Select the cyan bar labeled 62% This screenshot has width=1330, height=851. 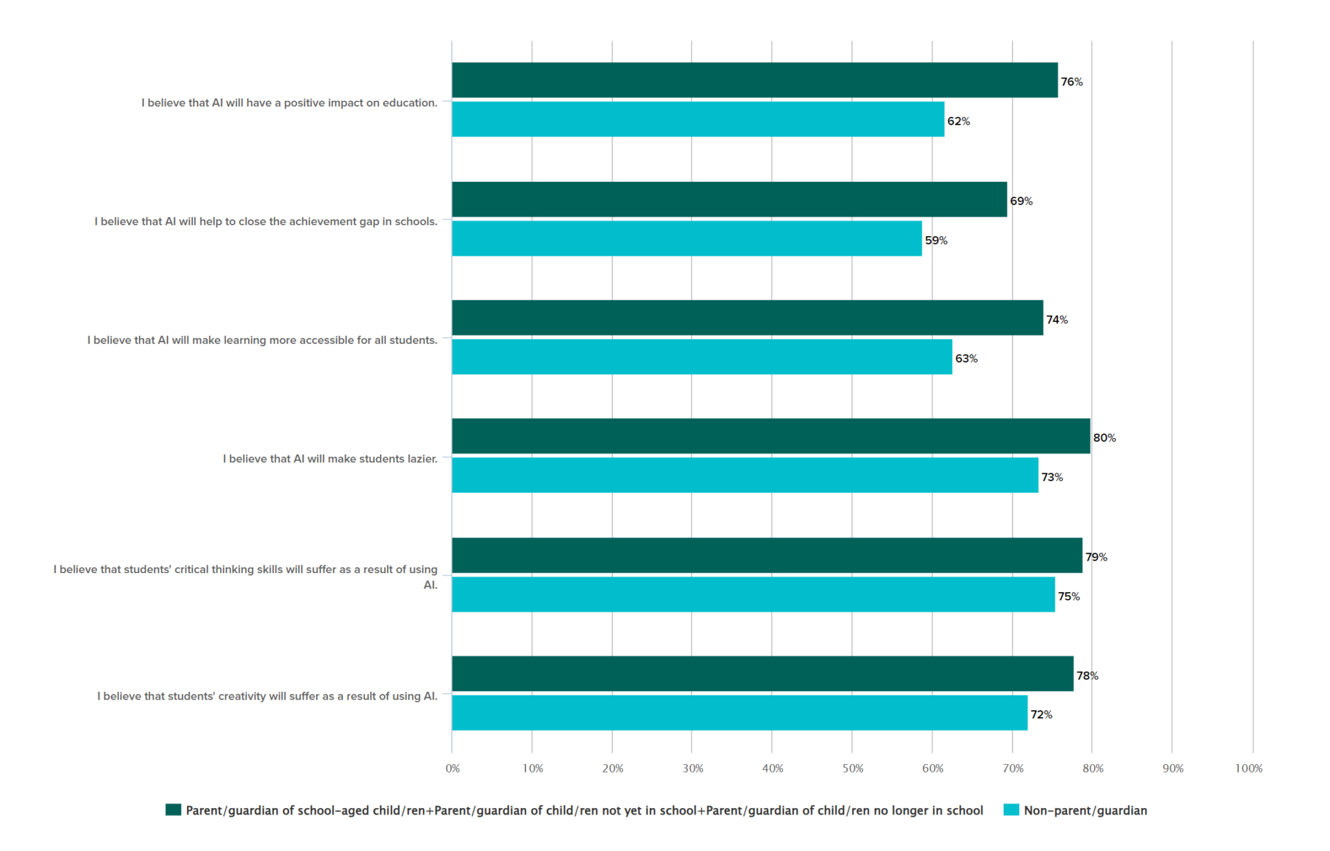coord(698,119)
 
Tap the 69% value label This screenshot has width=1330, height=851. coord(1021,201)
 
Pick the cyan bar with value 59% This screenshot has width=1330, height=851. coord(686,238)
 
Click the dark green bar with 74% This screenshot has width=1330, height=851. coord(747,318)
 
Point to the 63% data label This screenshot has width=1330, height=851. coord(966,359)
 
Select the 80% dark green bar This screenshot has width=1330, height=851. coord(771,436)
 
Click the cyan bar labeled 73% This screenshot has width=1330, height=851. coord(745,475)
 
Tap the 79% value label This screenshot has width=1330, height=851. coord(1096,557)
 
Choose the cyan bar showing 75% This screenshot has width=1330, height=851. coord(753,595)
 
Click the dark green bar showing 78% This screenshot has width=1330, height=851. coord(762,674)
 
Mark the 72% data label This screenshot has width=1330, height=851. coord(1041,715)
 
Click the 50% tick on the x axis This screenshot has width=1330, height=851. coord(853,769)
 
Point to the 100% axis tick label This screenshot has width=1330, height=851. coord(1248,769)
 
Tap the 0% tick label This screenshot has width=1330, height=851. coord(453,769)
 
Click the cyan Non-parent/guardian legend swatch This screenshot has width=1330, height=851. coord(1011,810)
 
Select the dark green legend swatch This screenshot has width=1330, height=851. coord(173,810)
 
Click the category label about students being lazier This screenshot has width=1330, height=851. coord(330,459)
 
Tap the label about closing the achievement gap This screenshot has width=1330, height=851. coord(266,222)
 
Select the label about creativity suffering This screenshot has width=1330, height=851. coord(267,697)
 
